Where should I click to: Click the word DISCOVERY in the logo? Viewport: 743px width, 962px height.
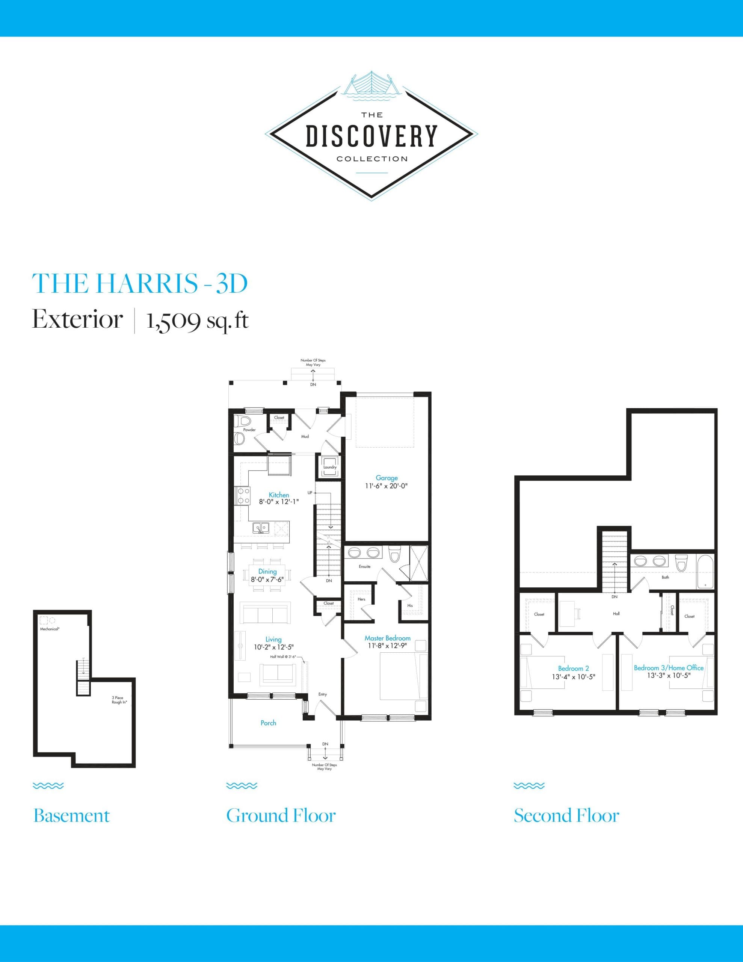point(371,136)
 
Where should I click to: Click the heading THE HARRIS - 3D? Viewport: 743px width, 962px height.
point(140,283)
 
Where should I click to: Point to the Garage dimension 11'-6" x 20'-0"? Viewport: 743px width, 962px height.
point(386,486)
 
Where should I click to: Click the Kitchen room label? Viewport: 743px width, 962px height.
point(279,495)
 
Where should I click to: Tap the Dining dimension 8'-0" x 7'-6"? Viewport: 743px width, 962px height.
point(267,580)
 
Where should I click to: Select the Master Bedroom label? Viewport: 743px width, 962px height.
point(387,638)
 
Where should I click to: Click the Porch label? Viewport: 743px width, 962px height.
point(268,723)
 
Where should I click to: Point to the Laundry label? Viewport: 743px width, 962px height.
point(329,467)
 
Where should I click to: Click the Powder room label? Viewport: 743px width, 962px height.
point(249,430)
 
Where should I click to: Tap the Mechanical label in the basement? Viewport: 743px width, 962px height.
point(50,629)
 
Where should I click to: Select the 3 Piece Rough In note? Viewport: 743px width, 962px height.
point(119,700)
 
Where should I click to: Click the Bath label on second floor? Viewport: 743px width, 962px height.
point(665,578)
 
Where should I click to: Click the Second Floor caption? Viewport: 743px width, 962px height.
point(566,816)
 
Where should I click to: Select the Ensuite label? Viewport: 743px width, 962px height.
point(364,566)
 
